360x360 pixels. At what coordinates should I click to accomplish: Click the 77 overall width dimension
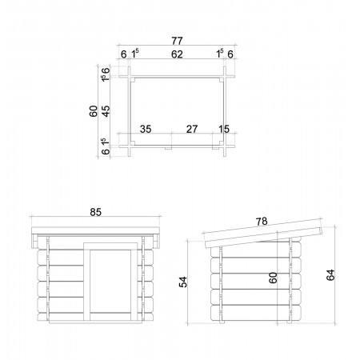(177, 41)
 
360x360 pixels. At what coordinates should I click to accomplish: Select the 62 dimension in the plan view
(177, 54)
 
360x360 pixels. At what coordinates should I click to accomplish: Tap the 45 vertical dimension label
(106, 111)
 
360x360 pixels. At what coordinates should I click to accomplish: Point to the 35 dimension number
(146, 130)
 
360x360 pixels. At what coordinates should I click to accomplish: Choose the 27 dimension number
(192, 130)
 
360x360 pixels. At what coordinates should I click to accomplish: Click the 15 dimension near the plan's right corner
(224, 130)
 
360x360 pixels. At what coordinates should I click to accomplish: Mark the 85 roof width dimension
(95, 212)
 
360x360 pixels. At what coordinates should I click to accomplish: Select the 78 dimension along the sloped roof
(262, 222)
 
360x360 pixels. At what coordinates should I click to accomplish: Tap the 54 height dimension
(183, 282)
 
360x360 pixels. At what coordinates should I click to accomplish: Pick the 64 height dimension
(330, 275)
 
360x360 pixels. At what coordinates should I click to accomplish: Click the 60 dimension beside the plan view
(94, 111)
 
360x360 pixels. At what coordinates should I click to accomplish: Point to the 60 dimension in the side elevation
(273, 278)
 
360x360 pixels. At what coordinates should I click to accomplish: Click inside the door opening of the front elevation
(110, 281)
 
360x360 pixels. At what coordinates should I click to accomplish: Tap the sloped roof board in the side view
(264, 234)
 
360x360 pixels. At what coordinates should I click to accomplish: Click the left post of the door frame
(87, 282)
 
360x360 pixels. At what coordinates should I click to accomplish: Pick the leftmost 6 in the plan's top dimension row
(123, 54)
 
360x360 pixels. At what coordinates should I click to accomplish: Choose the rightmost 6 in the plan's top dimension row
(230, 54)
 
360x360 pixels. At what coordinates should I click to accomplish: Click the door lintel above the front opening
(110, 246)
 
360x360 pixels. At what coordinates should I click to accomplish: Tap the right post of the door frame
(134, 282)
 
